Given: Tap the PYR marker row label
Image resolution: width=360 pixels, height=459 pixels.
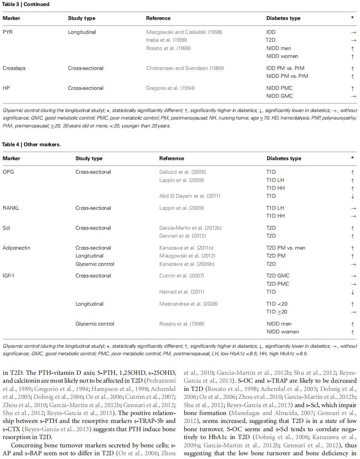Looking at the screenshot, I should tap(8, 32).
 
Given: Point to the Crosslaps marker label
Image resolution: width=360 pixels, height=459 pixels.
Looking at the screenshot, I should tap(14, 68).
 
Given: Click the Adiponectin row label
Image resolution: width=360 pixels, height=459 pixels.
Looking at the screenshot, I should tap(16, 248).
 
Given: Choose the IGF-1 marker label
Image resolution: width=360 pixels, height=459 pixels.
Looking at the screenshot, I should tap(9, 276).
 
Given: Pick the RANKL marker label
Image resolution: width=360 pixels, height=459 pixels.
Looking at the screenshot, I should tap(11, 208).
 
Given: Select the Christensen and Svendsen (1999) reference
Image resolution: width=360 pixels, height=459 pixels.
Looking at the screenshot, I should tap(185, 68).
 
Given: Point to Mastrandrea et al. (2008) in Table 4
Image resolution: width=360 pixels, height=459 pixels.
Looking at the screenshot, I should tap(188, 304).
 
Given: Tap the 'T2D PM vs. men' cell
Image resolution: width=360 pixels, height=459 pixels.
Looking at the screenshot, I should tap(286, 248).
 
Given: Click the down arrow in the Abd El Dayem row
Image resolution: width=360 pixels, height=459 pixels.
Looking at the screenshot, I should tap(352, 196).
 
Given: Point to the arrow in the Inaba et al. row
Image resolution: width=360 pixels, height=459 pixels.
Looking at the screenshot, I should tap(353, 40).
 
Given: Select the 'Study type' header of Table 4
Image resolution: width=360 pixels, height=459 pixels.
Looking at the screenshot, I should tap(89, 159).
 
